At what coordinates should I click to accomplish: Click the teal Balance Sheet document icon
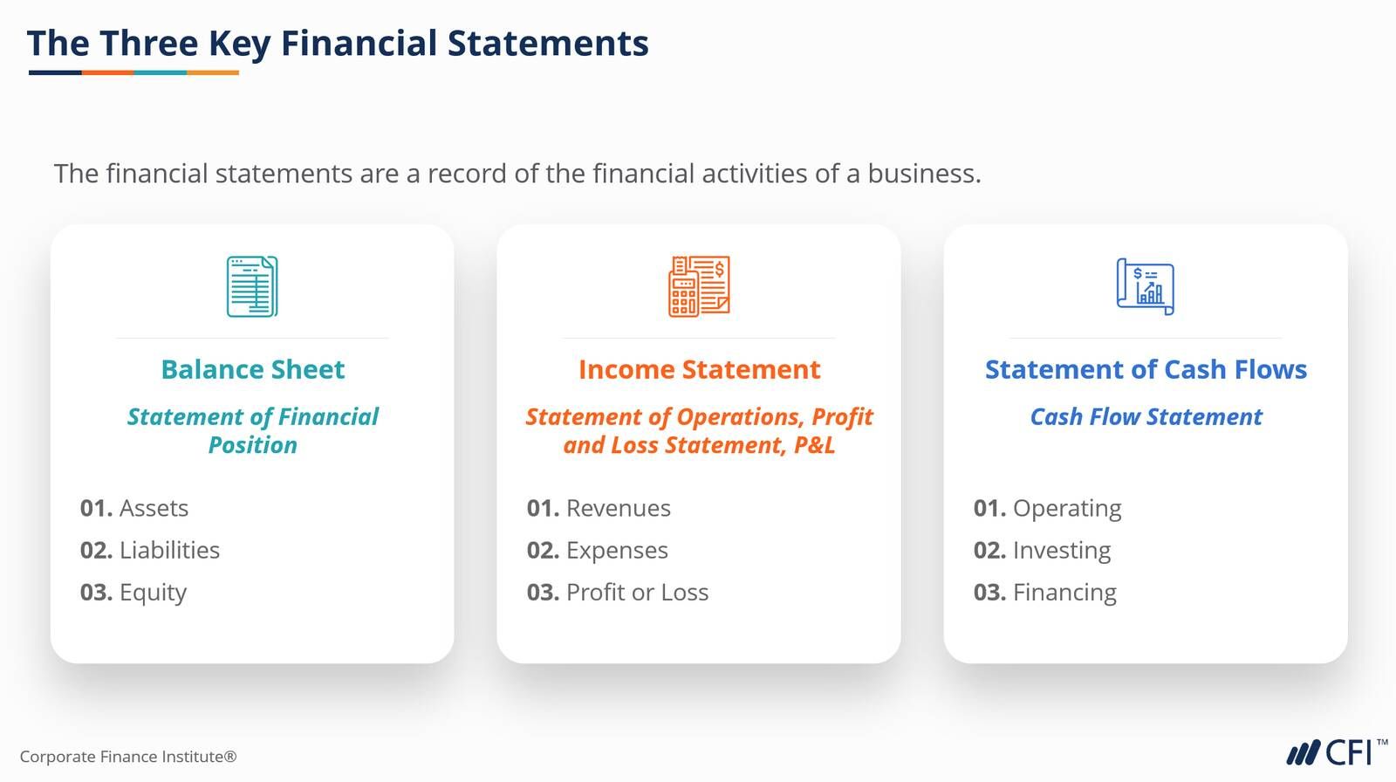coord(252,286)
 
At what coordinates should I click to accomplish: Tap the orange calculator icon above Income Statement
coord(699,286)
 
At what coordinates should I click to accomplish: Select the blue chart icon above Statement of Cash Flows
coord(1146,286)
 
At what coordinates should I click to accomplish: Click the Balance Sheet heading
coord(252,369)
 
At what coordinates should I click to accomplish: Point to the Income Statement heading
coord(699,369)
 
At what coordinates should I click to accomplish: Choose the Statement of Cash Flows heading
coord(1146,369)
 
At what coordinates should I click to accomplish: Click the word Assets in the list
coord(154,508)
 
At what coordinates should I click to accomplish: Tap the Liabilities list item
coord(169,550)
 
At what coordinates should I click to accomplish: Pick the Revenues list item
coord(619,508)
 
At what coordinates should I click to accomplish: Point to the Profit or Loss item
coord(637,593)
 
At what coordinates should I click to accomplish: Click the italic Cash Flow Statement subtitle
coord(1146,416)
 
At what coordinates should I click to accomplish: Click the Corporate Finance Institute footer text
coord(128,757)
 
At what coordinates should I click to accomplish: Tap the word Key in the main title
coord(239,44)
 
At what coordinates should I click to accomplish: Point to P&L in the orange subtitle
coord(814,445)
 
